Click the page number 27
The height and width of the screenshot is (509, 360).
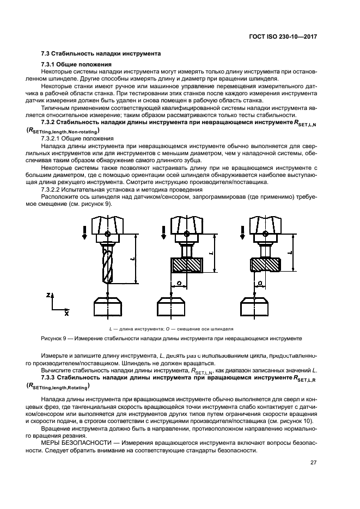point(313,463)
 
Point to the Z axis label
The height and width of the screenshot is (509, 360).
point(49,295)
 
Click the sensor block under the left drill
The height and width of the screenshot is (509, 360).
point(108,306)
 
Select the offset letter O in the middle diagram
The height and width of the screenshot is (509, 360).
point(179,283)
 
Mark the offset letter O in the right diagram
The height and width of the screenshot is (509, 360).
point(260,283)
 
